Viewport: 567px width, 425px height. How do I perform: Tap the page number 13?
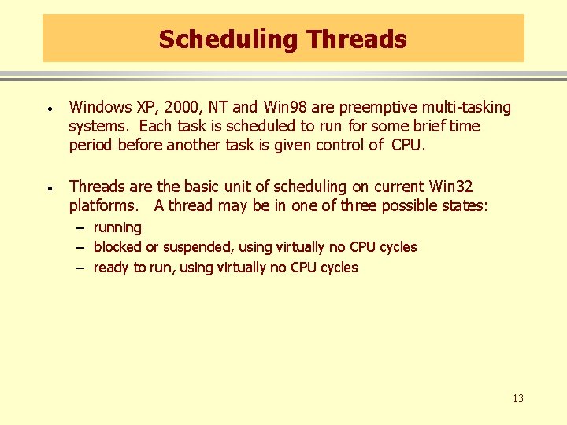coord(517,398)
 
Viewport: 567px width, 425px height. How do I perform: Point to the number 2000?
coord(178,107)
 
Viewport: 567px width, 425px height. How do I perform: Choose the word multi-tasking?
coord(468,107)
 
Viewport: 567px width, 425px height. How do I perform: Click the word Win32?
coord(451,187)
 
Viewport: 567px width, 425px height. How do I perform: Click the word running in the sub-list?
coord(117,228)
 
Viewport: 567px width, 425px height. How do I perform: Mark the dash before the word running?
coord(80,228)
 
